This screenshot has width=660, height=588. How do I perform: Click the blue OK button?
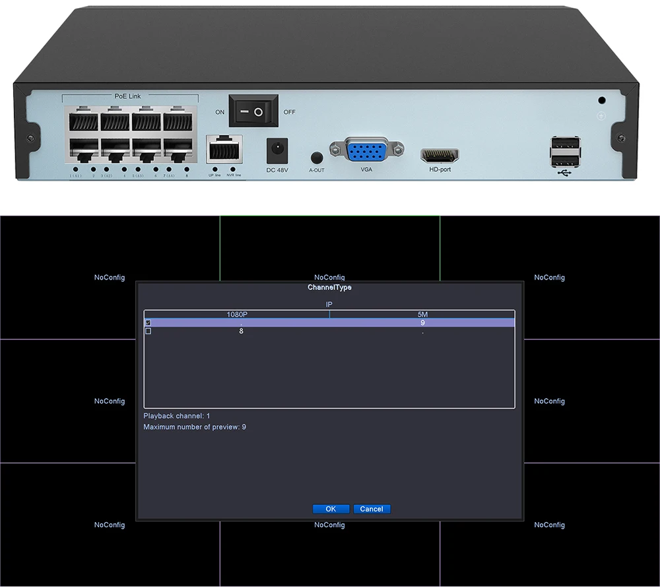tap(331, 509)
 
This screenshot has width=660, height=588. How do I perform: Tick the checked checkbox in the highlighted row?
tap(148, 323)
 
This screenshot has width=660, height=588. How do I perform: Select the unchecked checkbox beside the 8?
tap(148, 331)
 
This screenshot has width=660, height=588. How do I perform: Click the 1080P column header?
tap(237, 314)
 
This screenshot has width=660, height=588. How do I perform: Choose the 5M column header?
tap(422, 314)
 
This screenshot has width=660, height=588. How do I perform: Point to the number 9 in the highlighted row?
tap(422, 323)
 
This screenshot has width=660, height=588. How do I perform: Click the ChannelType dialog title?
tap(329, 287)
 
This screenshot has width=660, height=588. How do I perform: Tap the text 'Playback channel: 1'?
tap(177, 416)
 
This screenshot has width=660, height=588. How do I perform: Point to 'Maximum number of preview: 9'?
tap(195, 427)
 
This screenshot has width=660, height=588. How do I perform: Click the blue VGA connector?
tap(367, 152)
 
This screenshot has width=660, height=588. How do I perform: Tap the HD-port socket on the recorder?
tap(440, 156)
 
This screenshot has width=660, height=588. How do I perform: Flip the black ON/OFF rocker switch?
tap(253, 111)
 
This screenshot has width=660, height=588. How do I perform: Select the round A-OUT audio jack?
tap(316, 158)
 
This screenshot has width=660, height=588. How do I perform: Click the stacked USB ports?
tap(565, 151)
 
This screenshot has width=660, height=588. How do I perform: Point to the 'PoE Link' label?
tap(127, 96)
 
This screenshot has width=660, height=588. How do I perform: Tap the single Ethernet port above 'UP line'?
tap(224, 150)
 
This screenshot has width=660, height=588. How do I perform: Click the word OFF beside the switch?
tap(290, 112)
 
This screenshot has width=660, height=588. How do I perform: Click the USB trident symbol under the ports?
tap(565, 173)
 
